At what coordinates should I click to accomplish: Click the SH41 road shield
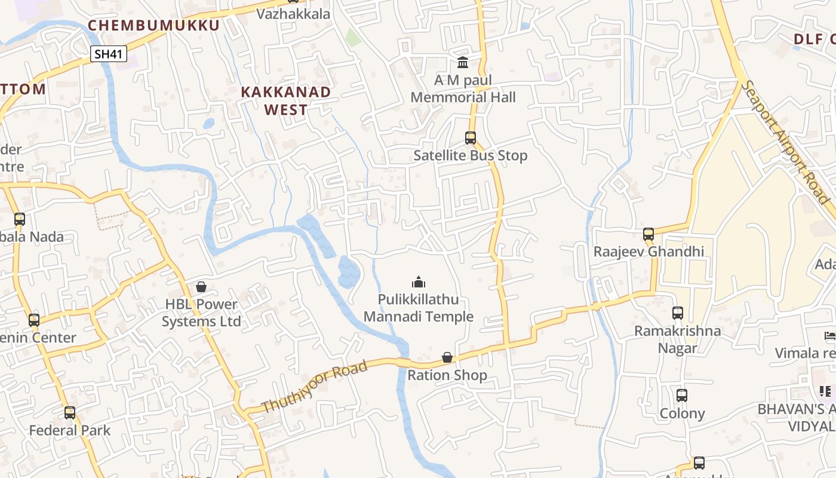click(x=109, y=54)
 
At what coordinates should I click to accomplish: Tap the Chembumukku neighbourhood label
click(x=154, y=25)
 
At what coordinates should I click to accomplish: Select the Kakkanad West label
click(x=286, y=100)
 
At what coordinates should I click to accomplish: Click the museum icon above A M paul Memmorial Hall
click(x=463, y=62)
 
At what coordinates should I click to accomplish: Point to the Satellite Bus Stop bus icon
click(x=471, y=138)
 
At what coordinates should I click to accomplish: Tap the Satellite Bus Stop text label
click(x=471, y=156)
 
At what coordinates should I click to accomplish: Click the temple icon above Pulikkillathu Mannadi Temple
click(x=419, y=282)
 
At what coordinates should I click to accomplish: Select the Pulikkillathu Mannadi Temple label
click(x=419, y=308)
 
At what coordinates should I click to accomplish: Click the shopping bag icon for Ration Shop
click(x=447, y=357)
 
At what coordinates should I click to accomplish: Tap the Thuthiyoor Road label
click(x=314, y=387)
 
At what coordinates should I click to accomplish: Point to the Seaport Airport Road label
click(x=787, y=142)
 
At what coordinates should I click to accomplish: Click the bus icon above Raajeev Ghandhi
click(x=648, y=234)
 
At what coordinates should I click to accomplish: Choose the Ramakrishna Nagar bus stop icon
click(x=678, y=312)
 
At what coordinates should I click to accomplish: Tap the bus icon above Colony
click(x=682, y=395)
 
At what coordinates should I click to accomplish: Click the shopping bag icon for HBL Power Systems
click(x=201, y=287)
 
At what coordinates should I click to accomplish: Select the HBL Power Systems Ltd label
click(x=201, y=313)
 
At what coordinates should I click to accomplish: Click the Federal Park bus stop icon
click(x=70, y=412)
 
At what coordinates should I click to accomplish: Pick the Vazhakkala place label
click(x=293, y=14)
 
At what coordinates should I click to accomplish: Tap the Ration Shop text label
click(x=447, y=376)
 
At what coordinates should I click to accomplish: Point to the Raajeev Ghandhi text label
click(x=648, y=252)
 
